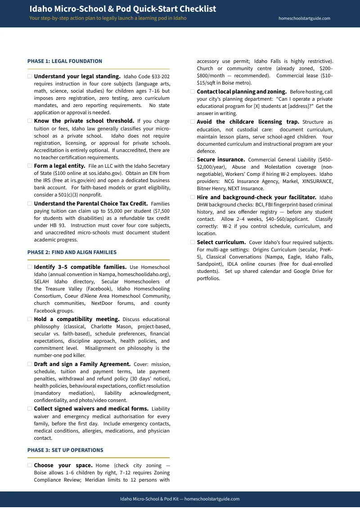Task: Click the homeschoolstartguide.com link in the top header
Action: [305, 18]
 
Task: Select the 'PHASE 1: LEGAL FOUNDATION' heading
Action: [65, 61]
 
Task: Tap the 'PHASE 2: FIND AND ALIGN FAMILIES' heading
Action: [72, 252]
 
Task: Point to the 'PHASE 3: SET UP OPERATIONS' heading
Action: [65, 450]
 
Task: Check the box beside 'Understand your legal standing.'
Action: [30, 76]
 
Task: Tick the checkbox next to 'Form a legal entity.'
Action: [30, 166]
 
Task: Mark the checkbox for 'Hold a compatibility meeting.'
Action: [30, 319]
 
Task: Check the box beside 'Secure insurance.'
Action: [193, 160]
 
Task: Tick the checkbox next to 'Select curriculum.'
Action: [193, 242]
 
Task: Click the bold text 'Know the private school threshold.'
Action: [84, 121]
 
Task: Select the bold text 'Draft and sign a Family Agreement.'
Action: [82, 364]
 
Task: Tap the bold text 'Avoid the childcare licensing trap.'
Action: [248, 122]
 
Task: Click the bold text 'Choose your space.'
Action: [63, 465]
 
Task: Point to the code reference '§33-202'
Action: [160, 77]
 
